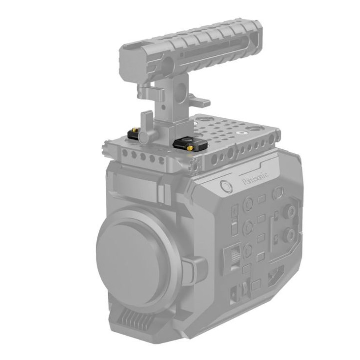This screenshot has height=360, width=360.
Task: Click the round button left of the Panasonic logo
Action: tap(226, 187)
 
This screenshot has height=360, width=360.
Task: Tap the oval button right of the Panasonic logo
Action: tap(279, 191)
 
